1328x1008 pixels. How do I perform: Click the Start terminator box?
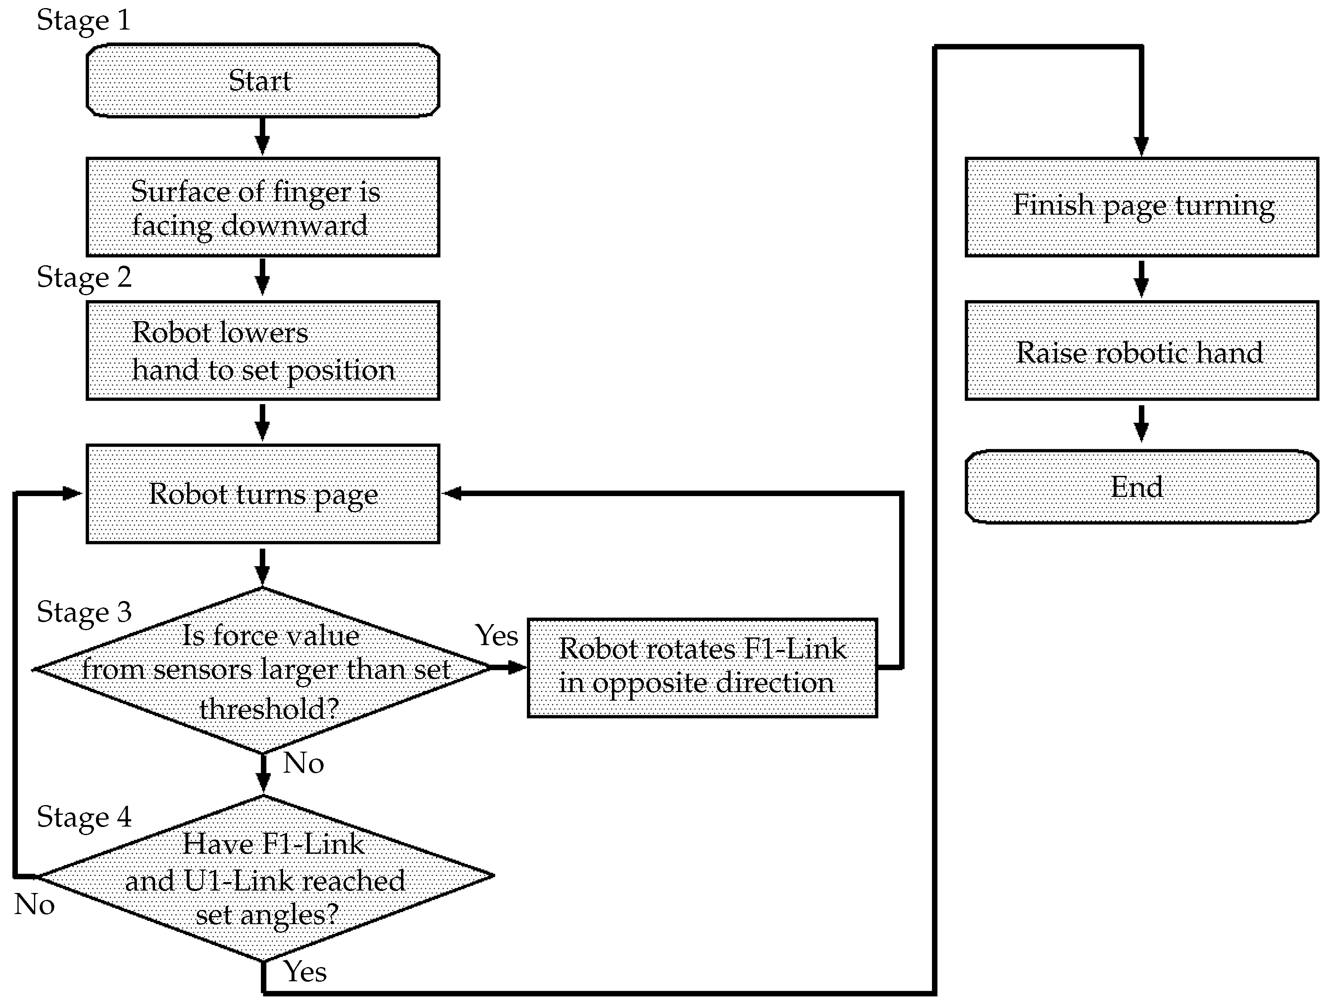(262, 81)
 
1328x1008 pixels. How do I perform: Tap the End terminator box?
(1141, 486)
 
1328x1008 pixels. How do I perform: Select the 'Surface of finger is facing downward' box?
(262, 207)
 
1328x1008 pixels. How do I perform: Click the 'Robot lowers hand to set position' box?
(262, 351)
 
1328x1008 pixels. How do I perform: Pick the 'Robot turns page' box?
(262, 494)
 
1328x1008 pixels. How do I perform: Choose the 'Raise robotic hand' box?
(1141, 351)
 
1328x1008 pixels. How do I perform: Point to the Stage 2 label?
(83, 278)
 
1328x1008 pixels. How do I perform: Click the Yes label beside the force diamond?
(496, 635)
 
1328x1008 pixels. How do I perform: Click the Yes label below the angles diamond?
(305, 972)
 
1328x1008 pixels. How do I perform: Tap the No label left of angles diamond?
(34, 905)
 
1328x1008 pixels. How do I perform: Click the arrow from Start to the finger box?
(262, 137)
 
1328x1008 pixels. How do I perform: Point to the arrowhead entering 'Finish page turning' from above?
(1141, 146)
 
